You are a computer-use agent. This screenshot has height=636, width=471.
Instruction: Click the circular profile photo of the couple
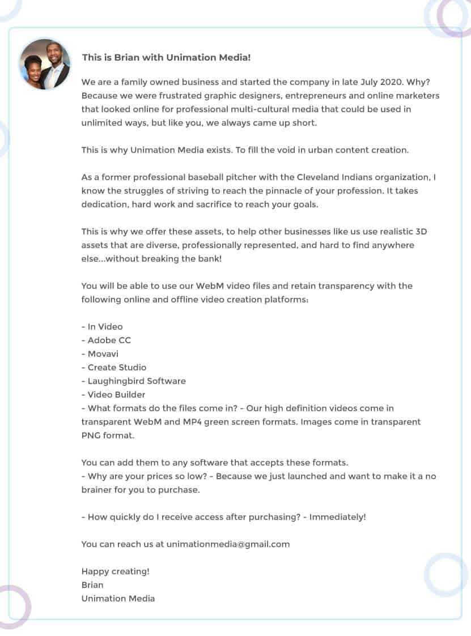point(45,64)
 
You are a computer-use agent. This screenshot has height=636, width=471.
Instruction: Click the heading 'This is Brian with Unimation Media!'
point(166,57)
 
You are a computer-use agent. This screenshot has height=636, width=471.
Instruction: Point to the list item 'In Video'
point(105,327)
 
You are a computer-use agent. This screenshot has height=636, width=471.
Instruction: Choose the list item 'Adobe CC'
point(109,340)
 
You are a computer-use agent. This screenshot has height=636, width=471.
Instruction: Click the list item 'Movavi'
point(103,354)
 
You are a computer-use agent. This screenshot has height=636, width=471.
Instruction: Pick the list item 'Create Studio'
point(117,368)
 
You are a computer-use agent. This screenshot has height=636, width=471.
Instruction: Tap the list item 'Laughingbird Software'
point(137,381)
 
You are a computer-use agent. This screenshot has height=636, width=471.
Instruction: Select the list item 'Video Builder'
point(116,395)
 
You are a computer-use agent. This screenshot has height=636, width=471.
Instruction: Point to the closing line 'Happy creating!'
point(116,571)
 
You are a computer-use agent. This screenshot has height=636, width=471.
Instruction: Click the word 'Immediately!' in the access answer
point(338,517)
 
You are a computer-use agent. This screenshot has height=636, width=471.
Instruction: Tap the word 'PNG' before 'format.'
point(91,436)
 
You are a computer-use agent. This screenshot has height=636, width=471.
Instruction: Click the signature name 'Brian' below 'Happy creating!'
point(92,585)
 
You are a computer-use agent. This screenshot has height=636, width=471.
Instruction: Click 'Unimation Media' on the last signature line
point(118,599)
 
